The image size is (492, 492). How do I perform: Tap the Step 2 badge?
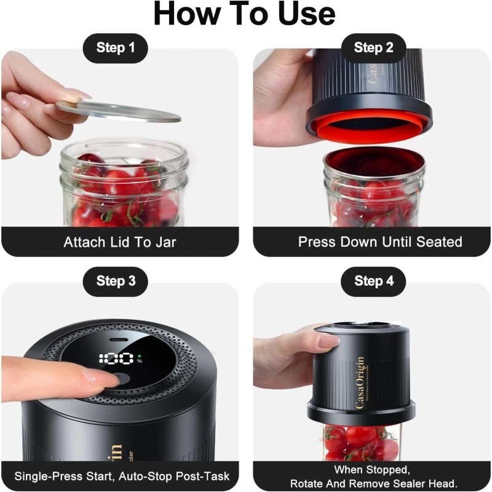(373, 48)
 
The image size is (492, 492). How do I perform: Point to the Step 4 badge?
(373, 281)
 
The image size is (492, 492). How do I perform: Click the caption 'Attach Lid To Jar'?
(120, 242)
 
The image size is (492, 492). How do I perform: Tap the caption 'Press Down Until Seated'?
(380, 242)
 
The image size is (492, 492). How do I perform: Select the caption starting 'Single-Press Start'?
(121, 476)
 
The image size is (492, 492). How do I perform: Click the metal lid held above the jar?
(117, 110)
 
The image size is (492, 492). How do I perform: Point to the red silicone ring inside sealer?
(369, 126)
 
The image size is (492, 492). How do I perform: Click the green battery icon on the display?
(139, 355)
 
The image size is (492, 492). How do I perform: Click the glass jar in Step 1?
(123, 184)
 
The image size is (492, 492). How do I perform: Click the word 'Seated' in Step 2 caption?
(439, 242)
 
